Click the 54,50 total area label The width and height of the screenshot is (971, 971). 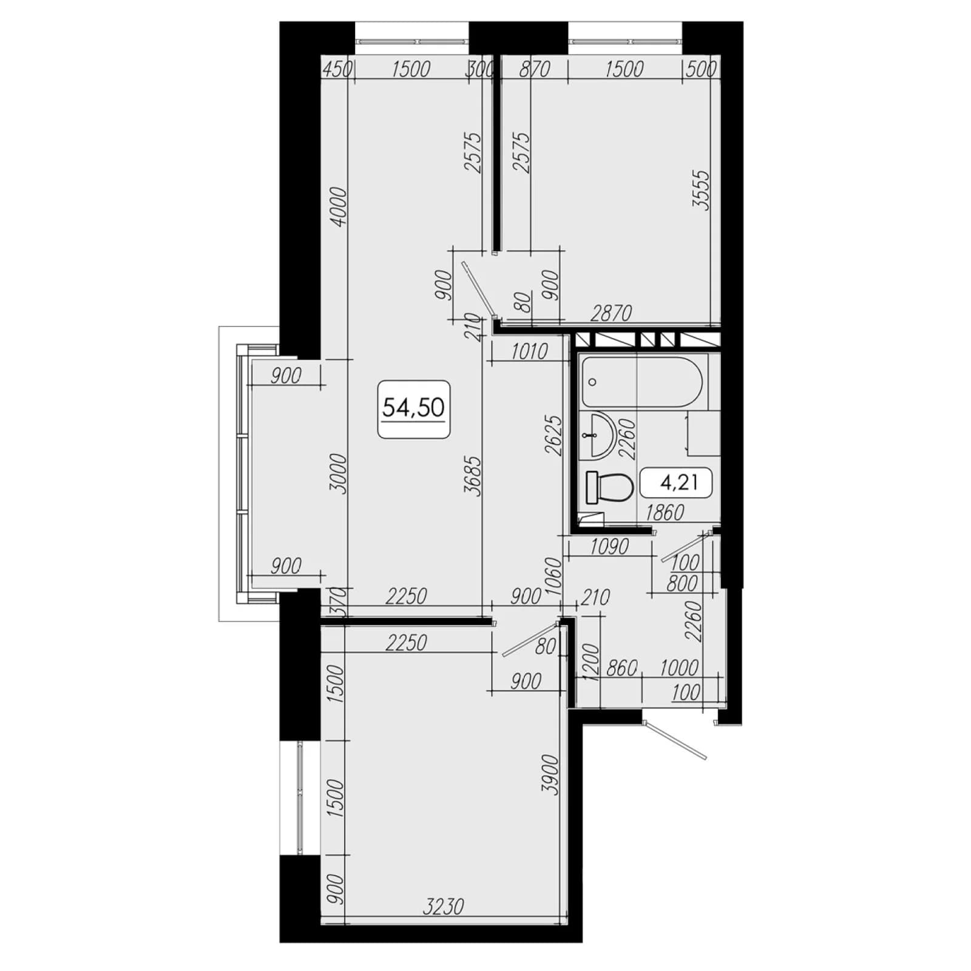click(x=413, y=407)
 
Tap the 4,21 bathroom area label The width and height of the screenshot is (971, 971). click(x=678, y=483)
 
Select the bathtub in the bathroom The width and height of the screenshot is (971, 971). click(x=642, y=382)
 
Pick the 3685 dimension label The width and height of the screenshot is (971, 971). click(x=473, y=476)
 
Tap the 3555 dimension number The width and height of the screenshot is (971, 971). click(x=701, y=190)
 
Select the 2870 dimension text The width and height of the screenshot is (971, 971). click(x=611, y=313)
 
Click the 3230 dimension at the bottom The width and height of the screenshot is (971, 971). click(x=443, y=907)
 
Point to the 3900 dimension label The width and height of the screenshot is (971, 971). click(x=550, y=774)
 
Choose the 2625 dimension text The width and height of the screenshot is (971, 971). click(x=553, y=435)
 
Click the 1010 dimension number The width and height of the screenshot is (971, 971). click(x=529, y=351)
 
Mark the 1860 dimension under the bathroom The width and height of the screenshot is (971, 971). click(x=664, y=513)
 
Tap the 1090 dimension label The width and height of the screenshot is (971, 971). click(x=609, y=547)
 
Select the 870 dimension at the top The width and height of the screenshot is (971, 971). click(x=534, y=69)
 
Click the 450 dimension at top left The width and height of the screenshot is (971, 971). click(x=337, y=69)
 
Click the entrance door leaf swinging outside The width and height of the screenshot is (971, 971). click(x=675, y=739)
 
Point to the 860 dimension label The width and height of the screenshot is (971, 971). click(x=621, y=668)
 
